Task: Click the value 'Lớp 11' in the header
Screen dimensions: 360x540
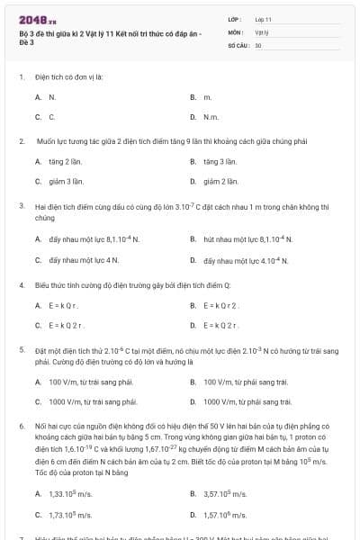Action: point(263,18)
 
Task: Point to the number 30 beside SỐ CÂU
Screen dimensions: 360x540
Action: point(258,43)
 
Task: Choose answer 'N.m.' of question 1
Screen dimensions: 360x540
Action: point(211,116)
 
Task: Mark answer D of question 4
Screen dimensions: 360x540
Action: point(220,325)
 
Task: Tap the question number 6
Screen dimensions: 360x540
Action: point(21,424)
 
